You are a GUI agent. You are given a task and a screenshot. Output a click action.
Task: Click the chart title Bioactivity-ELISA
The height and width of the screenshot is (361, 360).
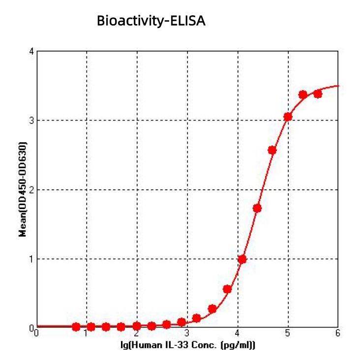coord(151,21)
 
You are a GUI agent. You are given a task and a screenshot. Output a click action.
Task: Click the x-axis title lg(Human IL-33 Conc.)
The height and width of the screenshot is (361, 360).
coord(187,346)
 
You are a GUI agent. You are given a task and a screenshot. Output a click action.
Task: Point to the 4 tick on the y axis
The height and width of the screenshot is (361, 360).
coord(31,51)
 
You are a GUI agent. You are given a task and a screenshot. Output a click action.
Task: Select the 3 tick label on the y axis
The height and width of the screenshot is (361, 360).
coord(31,120)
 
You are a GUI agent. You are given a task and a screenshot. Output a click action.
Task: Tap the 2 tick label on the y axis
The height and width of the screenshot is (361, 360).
coord(31,190)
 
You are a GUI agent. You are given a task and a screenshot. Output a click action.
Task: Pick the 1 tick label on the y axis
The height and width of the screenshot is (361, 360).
coord(31,259)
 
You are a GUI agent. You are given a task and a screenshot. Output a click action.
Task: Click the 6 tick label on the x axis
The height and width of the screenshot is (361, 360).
coord(337,333)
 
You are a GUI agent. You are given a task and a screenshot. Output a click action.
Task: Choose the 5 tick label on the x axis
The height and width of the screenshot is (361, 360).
coord(288,333)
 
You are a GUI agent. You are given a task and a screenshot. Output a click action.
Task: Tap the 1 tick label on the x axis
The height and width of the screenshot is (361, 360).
coord(87,333)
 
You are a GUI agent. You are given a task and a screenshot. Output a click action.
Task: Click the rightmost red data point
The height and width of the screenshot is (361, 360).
coord(318,93)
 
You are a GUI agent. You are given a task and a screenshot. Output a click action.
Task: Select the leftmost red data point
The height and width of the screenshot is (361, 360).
coord(76,327)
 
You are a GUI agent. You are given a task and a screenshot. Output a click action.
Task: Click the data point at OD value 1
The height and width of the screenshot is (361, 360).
coord(242,259)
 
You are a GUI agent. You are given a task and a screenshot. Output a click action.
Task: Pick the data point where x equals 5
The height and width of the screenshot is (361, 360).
coord(288,117)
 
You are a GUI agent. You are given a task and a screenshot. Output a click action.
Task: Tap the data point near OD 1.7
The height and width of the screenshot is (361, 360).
coord(257,208)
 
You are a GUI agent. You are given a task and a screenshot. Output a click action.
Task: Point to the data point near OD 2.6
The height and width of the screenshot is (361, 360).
coord(272,150)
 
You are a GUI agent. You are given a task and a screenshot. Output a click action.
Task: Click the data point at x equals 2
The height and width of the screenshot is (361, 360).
coord(137,326)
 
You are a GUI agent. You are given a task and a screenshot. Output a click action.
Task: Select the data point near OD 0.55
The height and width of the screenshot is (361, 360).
coord(227,289)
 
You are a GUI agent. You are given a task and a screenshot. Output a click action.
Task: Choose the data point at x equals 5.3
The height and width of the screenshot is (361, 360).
coord(303,94)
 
